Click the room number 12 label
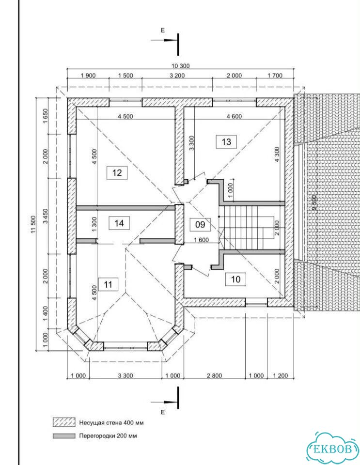point(117,172)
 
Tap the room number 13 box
point(226,142)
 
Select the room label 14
point(119,223)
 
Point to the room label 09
point(200,224)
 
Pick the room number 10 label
point(235,279)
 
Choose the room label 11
point(108,285)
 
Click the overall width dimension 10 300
point(180,66)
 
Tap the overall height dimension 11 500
point(33,224)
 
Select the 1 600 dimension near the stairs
point(202,240)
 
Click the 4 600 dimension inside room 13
point(235,116)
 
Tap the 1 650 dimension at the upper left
point(46,116)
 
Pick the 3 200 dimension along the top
point(177,76)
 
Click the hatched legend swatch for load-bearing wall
point(64,422)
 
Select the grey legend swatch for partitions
point(64,436)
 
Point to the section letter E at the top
point(162,31)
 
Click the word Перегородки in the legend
point(95,436)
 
